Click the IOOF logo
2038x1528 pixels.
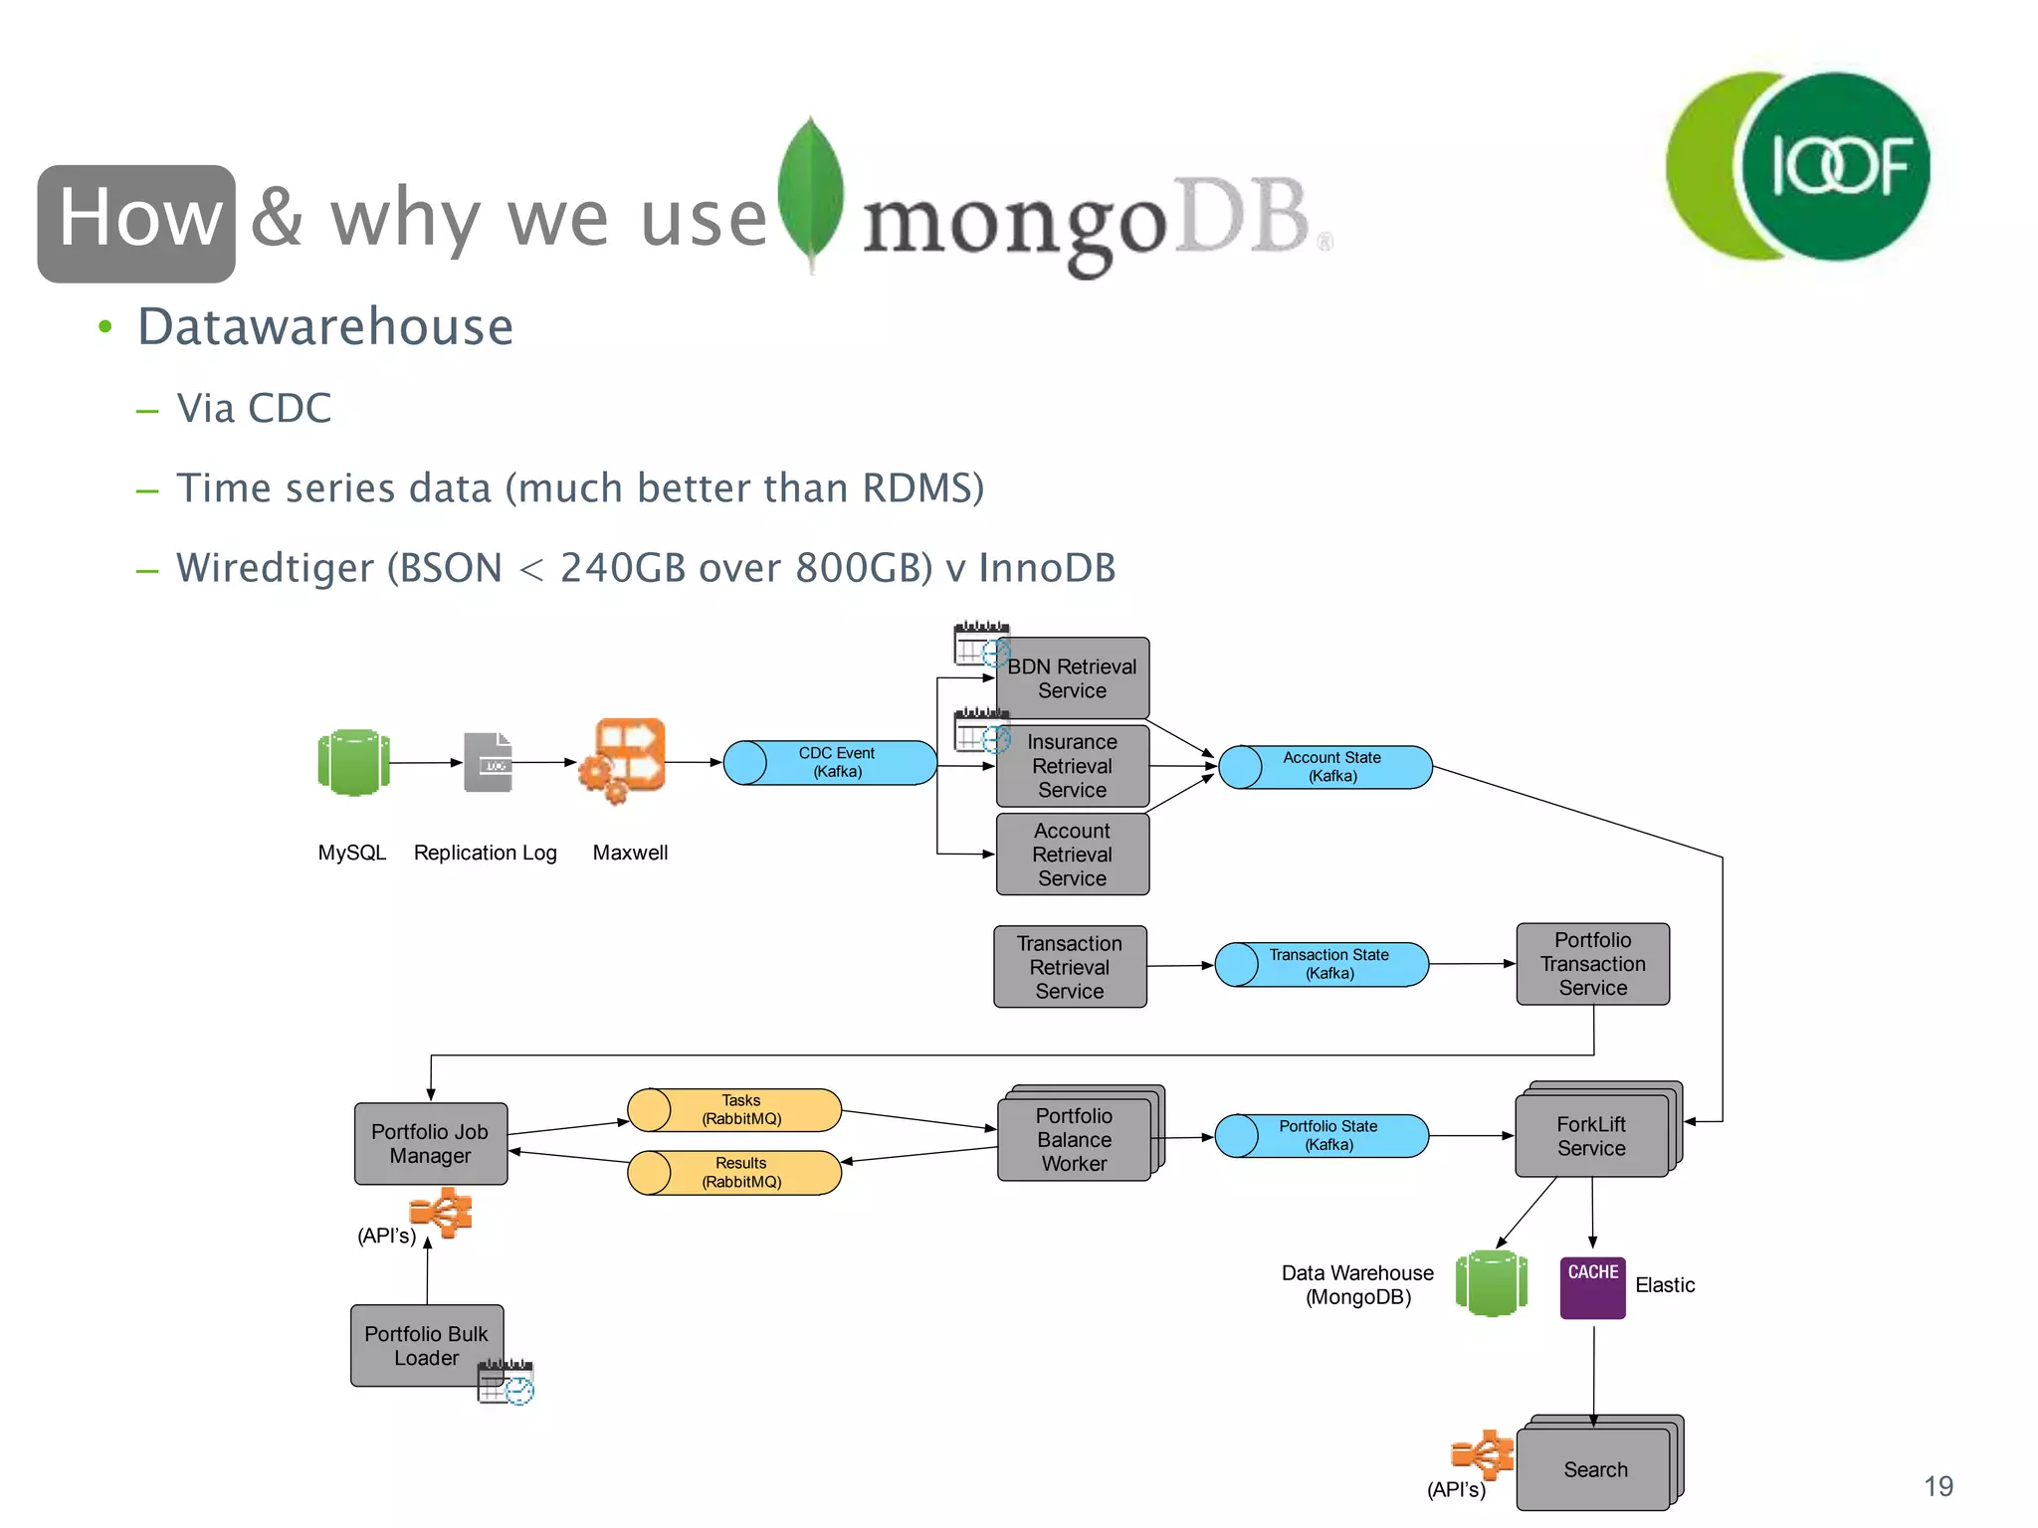1799,166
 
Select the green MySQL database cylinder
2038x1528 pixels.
353,763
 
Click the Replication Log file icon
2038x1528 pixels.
488,763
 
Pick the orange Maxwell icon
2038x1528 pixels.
624,759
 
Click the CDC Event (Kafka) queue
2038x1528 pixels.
830,763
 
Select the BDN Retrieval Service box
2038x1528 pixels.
1072,679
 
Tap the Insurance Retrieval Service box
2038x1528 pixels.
1072,766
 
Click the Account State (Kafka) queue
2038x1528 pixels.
1325,767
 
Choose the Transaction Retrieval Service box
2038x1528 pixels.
1070,967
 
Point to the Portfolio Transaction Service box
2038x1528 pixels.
1592,964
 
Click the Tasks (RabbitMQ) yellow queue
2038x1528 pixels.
735,1110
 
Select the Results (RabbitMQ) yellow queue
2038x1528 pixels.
735,1173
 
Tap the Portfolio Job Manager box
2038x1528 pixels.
430,1144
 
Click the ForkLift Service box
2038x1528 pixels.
1591,1136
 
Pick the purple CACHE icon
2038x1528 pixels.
1592,1287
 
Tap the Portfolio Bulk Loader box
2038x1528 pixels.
426,1345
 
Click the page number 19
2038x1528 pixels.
1937,1486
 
